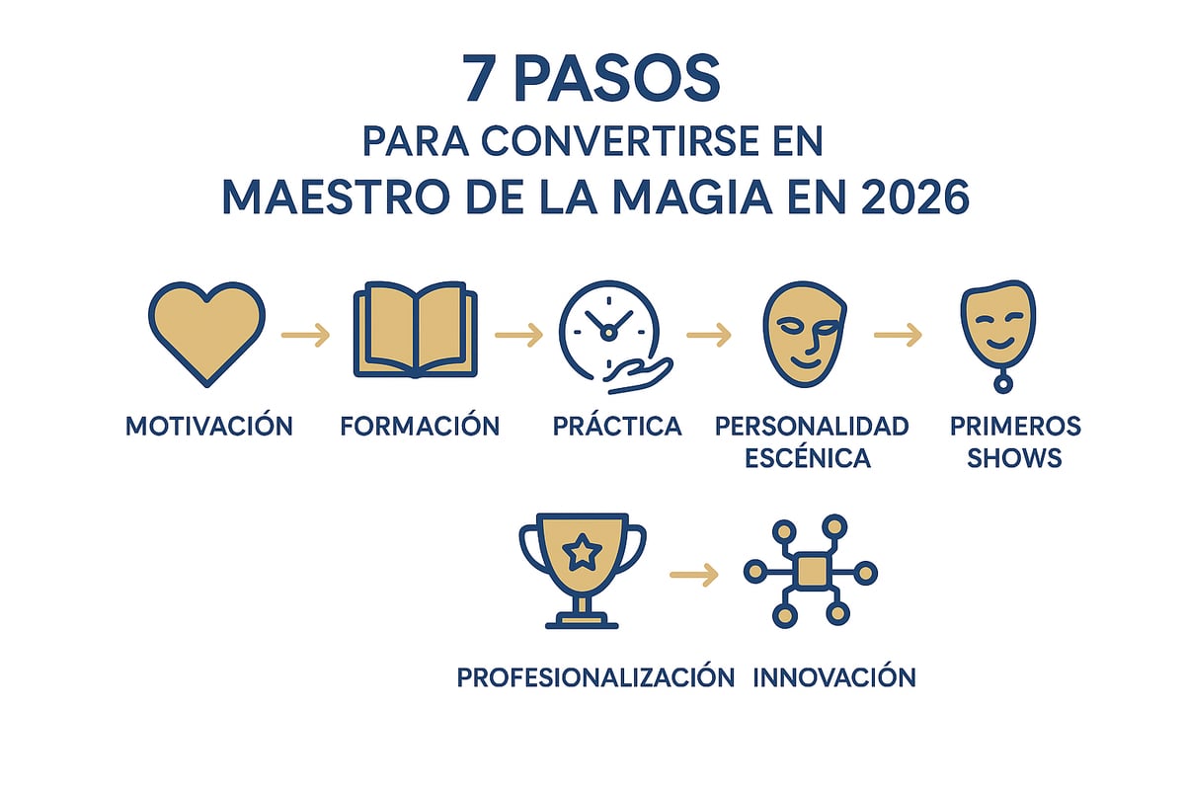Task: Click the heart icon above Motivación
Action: point(206,331)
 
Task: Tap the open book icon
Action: point(415,331)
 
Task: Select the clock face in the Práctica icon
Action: point(606,326)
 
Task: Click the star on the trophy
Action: point(583,553)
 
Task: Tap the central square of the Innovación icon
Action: point(811,571)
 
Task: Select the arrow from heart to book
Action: point(306,336)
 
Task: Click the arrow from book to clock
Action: point(518,336)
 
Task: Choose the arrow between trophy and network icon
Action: point(693,573)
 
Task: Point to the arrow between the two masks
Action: point(898,336)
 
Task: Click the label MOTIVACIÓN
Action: point(209,427)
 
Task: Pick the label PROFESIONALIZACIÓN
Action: point(595,677)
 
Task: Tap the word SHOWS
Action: point(1015,458)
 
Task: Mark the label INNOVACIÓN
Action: point(834,677)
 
